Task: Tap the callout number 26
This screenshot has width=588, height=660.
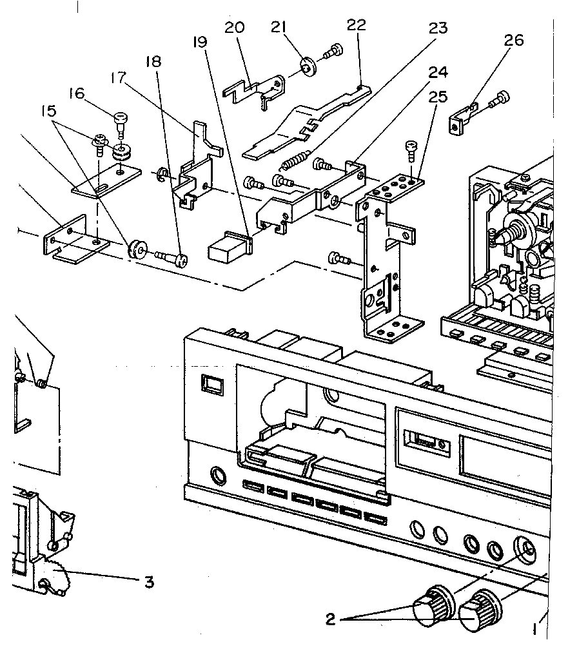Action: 514,41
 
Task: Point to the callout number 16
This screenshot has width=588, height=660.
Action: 76,94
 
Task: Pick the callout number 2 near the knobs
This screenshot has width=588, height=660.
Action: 330,619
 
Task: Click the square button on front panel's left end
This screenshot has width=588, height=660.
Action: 210,384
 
